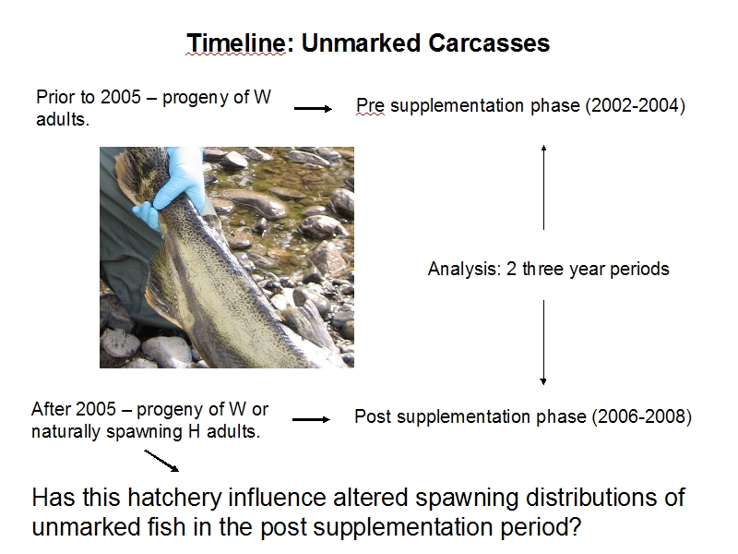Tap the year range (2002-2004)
pyautogui.click(x=636, y=105)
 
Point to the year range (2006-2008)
pyautogui.click(x=641, y=417)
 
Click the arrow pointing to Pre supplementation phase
pyautogui.click(x=313, y=109)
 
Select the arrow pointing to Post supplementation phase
pyautogui.click(x=311, y=419)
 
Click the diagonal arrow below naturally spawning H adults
pyautogui.click(x=161, y=461)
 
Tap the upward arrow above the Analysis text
pyautogui.click(x=543, y=187)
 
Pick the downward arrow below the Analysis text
pyautogui.click(x=543, y=343)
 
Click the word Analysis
pyautogui.click(x=465, y=269)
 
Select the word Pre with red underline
pyautogui.click(x=370, y=105)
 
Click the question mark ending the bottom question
pyautogui.click(x=575, y=526)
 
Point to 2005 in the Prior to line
pyautogui.click(x=121, y=97)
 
